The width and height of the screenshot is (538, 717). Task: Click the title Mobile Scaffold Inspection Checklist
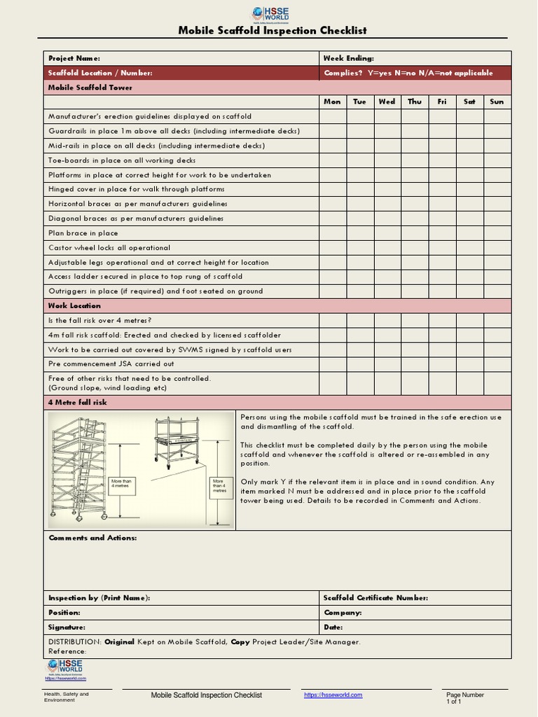point(273,31)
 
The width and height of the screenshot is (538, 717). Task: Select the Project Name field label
point(74,58)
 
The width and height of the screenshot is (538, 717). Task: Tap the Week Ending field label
point(348,58)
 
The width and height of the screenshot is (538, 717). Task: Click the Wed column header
point(387,102)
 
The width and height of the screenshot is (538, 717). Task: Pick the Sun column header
point(497,102)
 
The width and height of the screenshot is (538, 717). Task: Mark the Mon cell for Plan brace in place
point(332,233)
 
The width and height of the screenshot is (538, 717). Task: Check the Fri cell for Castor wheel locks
point(442,248)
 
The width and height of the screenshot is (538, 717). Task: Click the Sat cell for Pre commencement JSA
point(469,364)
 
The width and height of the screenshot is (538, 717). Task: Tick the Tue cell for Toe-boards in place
point(359,160)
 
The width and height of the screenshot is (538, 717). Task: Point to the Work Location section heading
point(74,306)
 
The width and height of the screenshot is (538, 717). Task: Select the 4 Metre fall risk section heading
point(78,403)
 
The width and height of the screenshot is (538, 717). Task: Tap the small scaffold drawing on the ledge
point(177,443)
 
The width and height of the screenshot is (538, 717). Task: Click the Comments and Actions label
point(92,538)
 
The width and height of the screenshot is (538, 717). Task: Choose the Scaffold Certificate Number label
point(375,598)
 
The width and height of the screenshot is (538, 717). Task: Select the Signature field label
point(67,627)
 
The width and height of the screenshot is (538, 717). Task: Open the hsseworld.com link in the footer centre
point(333,695)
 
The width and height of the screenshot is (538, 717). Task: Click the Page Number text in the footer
point(465,695)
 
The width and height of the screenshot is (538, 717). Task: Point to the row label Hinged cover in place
point(137,189)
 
